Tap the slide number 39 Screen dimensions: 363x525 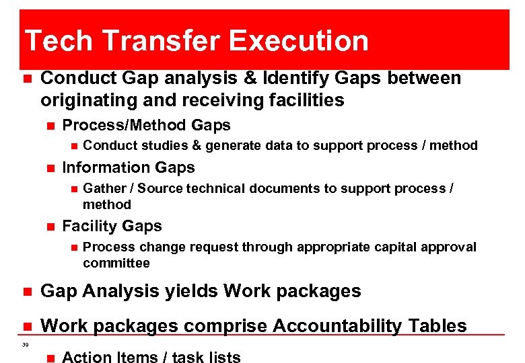point(25,345)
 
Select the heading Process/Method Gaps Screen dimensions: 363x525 point(146,125)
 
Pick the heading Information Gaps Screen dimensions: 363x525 point(128,167)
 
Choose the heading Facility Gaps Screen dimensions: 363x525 point(112,226)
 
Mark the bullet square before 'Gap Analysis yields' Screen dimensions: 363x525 point(27,292)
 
